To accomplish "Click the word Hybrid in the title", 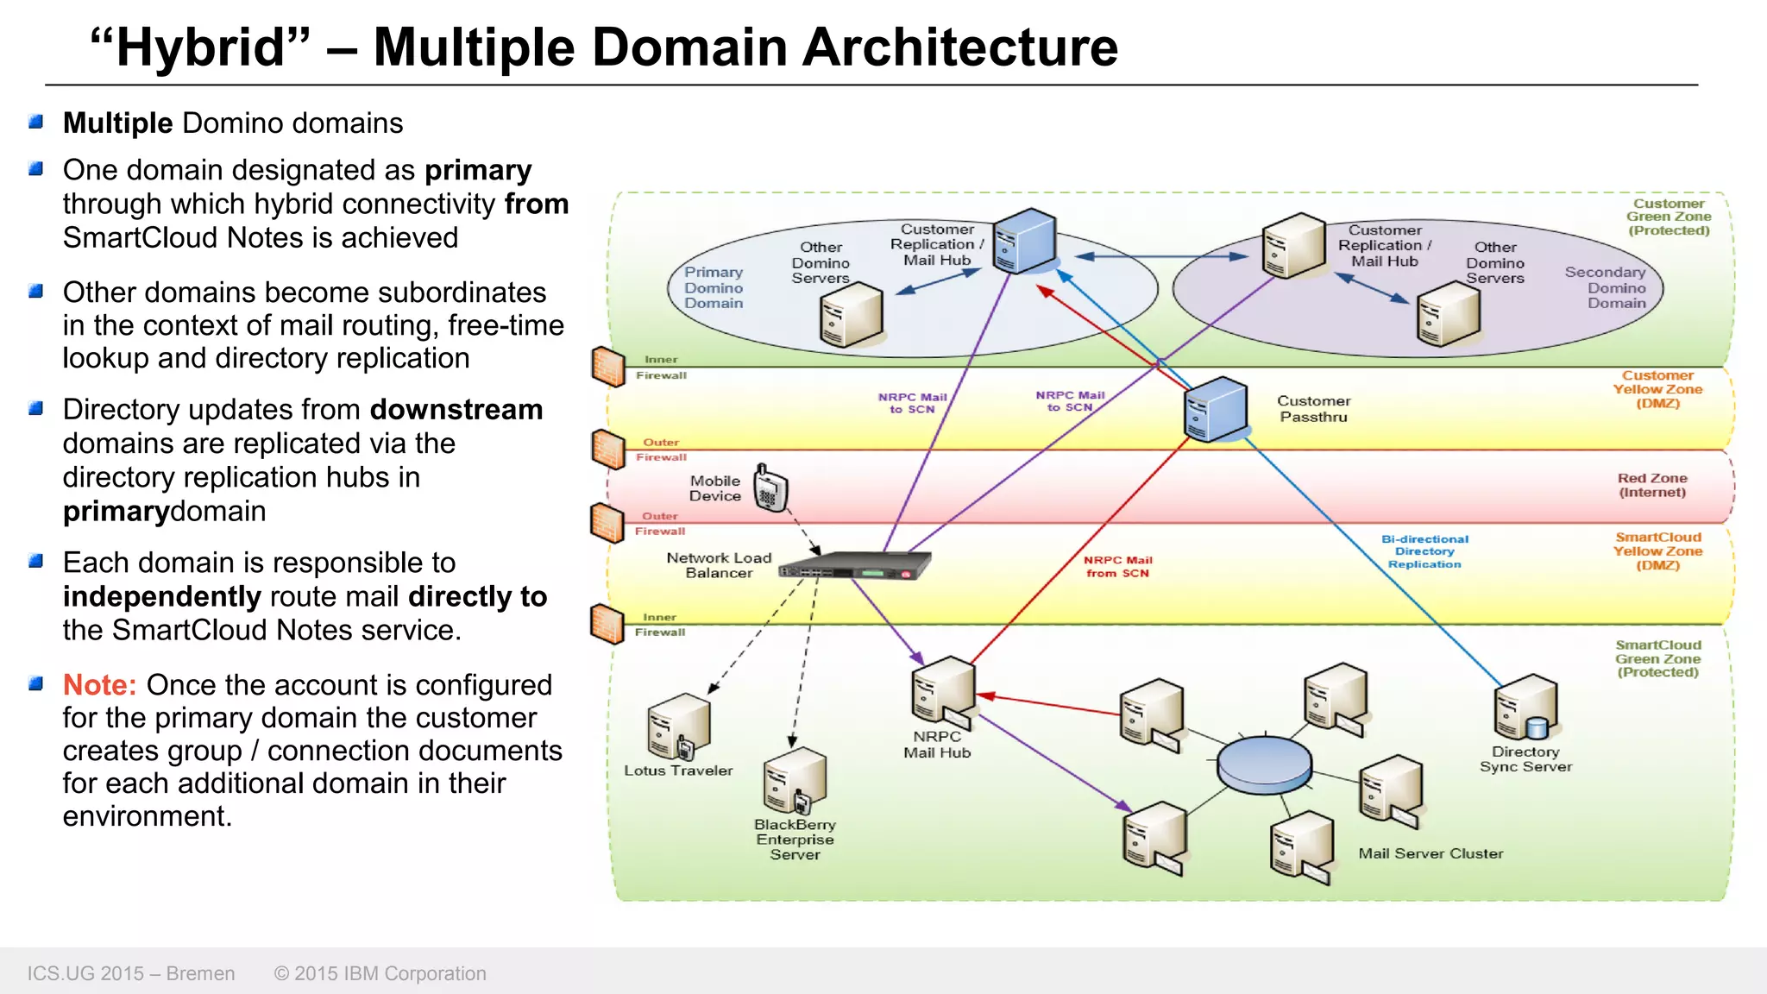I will (200, 47).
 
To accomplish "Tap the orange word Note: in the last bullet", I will (99, 685).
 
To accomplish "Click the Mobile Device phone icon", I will (770, 489).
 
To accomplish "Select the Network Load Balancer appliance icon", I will (855, 566).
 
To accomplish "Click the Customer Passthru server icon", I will (1216, 409).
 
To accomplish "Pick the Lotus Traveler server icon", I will (678, 726).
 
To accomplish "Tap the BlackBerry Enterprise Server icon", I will (794, 780).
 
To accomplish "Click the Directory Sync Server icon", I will (1525, 708).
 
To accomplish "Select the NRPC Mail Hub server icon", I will (942, 691).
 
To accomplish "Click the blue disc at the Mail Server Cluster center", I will (1264, 764).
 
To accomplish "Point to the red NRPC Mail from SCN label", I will (1117, 566).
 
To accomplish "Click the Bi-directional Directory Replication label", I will (1424, 551).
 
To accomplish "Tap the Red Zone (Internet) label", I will (1651, 485).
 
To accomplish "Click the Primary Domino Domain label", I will (714, 287).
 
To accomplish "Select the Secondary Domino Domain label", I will (1606, 287).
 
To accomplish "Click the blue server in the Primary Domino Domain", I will (1024, 241).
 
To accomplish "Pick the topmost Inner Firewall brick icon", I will (608, 367).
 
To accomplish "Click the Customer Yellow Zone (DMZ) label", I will (1657, 389).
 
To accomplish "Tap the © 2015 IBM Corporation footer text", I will (380, 973).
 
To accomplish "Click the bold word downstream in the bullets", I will (456, 410).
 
